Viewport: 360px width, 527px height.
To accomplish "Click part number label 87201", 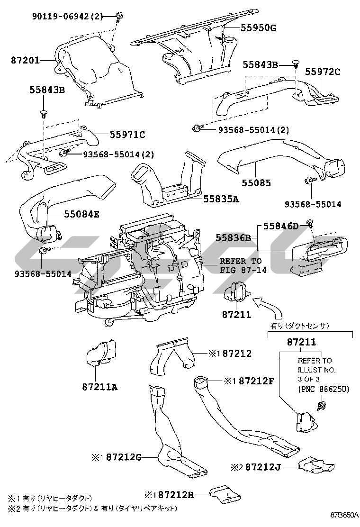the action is (x=25, y=60).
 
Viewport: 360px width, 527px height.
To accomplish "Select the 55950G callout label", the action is (x=258, y=28).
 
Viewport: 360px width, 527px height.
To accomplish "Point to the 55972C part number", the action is (x=323, y=72).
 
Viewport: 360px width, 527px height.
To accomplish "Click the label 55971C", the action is (x=127, y=135).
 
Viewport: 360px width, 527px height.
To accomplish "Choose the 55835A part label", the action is (x=221, y=199).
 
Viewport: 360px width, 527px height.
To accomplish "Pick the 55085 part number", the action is (x=256, y=183).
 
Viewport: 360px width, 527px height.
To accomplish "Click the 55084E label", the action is (x=81, y=214).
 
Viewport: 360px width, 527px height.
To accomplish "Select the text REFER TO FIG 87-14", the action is (x=243, y=265).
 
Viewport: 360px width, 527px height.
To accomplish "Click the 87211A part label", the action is (x=100, y=387).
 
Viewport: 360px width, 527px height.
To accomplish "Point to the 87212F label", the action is (x=257, y=381).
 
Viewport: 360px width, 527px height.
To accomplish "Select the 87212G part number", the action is (x=124, y=457).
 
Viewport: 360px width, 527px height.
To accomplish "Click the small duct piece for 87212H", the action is (x=225, y=495).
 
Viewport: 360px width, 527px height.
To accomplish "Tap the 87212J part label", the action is (x=263, y=467).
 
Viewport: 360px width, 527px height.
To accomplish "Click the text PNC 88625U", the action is (x=324, y=389).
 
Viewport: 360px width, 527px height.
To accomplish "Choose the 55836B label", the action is (x=234, y=238).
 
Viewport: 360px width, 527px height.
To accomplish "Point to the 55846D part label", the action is (x=281, y=226).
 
